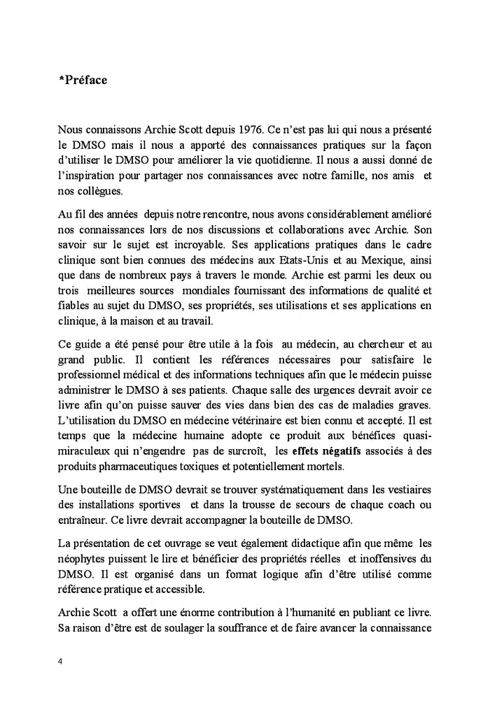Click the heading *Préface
[83, 80]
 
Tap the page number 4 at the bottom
[61, 660]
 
